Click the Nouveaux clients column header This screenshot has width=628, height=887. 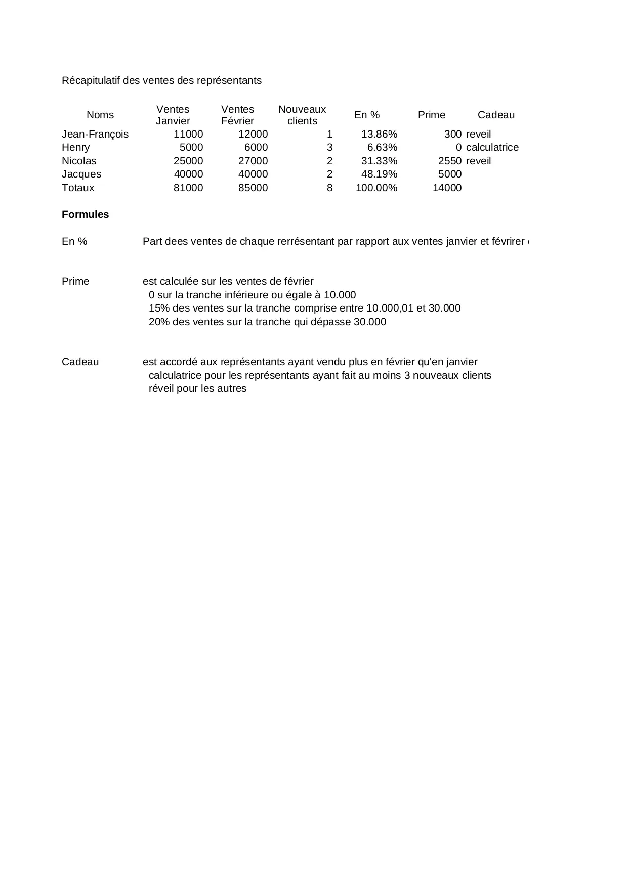302,115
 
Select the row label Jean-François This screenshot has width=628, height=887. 95,134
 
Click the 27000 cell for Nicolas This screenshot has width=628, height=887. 253,161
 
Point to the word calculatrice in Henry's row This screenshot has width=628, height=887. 492,147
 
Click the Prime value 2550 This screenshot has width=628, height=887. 449,161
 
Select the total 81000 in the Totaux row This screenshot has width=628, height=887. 188,188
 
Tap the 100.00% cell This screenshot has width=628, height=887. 376,188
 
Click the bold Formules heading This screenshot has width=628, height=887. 85,214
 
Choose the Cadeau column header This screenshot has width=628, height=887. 496,115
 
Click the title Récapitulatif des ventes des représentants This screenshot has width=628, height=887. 161,80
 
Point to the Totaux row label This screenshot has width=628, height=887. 78,188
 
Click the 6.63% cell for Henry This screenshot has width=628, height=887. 382,147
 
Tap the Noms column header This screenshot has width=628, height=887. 100,115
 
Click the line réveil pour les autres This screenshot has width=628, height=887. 197,388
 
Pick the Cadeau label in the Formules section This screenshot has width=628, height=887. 80,362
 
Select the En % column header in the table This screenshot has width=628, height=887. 367,115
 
